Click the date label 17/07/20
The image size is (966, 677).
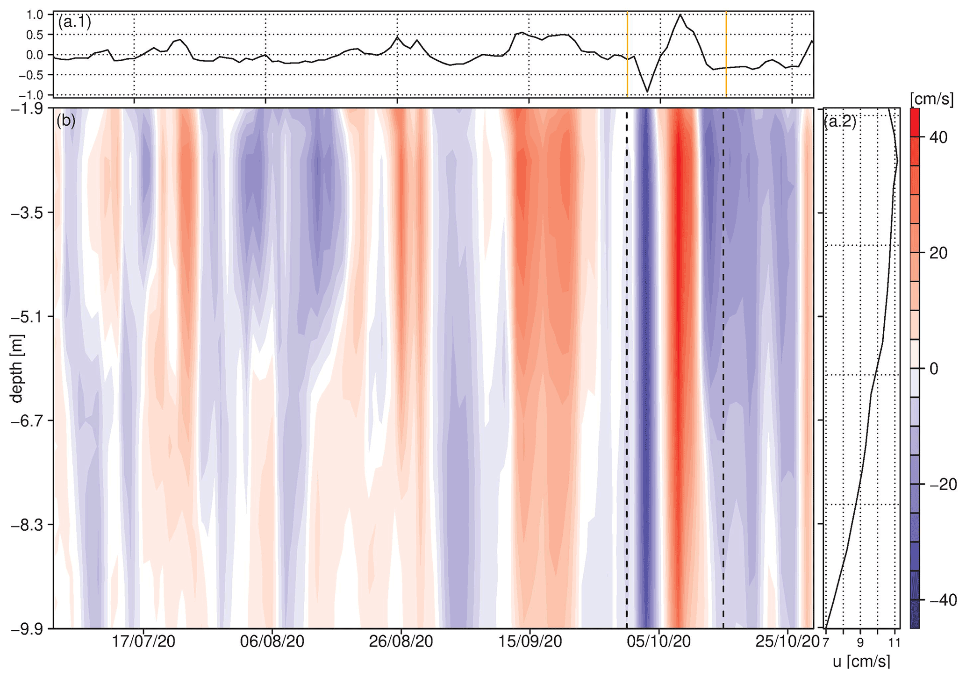(x=143, y=641)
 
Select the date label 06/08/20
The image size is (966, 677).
(x=272, y=641)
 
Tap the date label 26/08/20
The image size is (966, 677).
(x=401, y=641)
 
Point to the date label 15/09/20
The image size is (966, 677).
(x=530, y=641)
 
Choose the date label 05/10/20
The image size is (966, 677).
(x=659, y=641)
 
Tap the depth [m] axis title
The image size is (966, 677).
(x=17, y=368)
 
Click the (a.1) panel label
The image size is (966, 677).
(x=74, y=22)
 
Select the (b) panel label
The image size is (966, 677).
(x=66, y=121)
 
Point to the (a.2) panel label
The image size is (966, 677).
(x=840, y=122)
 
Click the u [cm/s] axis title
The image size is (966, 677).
(x=861, y=662)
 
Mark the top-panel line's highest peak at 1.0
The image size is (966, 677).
(x=680, y=15)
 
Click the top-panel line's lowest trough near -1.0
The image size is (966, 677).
(x=647, y=92)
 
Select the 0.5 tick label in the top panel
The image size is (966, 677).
(x=35, y=35)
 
